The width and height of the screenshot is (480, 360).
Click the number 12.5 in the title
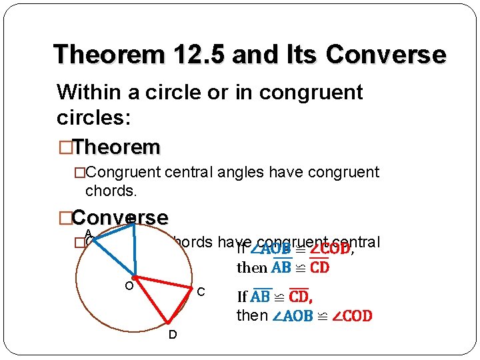[x=198, y=54]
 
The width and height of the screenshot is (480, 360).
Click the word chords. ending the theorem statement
[x=111, y=191]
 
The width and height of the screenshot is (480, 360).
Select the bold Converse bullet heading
[x=119, y=218]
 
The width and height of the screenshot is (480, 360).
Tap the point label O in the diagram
[x=130, y=287]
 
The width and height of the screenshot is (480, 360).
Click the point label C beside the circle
[x=200, y=293]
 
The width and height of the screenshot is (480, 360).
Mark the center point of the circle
[x=135, y=277]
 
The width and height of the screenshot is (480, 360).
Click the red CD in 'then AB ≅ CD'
[x=319, y=268]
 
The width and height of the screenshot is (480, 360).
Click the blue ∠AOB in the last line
[x=293, y=315]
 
